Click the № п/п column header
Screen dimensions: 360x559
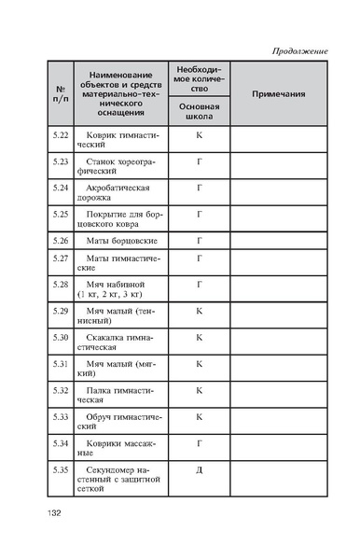tap(61, 95)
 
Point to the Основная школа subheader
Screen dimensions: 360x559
tap(199, 113)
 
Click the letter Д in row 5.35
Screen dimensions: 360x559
tap(199, 469)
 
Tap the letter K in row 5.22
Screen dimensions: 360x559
tap(199, 136)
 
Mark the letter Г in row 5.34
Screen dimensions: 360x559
tap(199, 442)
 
